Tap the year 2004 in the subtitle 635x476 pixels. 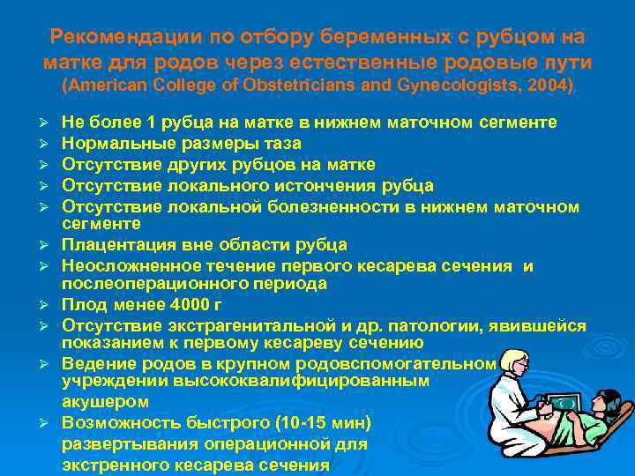tap(549, 86)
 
